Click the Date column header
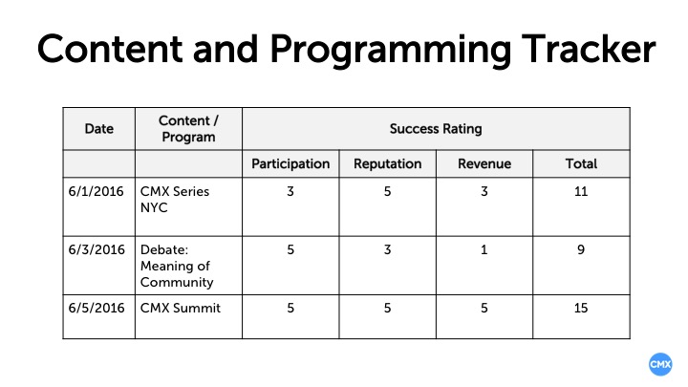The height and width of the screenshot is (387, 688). pos(98,128)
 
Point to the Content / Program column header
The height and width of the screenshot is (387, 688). pos(188,128)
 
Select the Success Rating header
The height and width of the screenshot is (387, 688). pos(435,128)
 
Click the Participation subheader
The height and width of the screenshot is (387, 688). pos(290,163)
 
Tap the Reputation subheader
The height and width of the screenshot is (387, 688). pos(387,163)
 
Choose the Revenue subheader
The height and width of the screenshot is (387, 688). pos(484,163)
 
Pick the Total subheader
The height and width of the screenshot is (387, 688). pos(581,163)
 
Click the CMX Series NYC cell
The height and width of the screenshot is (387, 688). pos(175,199)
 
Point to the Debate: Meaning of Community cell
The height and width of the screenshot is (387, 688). pos(177,266)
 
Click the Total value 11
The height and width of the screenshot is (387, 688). pos(581,191)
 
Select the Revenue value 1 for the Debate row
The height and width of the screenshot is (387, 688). pos(484,250)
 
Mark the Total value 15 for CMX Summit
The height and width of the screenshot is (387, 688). pos(581,308)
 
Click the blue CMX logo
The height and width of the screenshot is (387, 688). pos(659,364)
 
